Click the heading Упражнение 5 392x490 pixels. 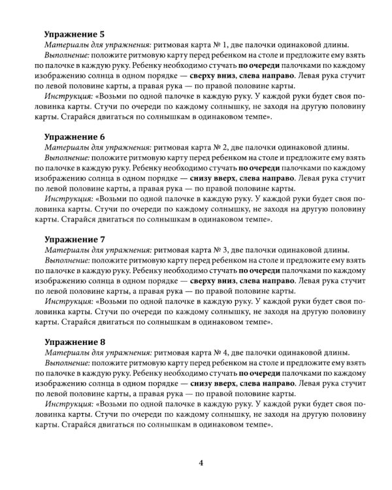[74, 34]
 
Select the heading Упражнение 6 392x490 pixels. [74, 137]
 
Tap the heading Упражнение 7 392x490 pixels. [74, 239]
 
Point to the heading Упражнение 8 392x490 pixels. [74, 342]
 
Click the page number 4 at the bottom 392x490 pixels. [201, 463]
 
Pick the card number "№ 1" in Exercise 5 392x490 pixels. [220, 44]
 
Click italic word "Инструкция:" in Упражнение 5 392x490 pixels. [69, 97]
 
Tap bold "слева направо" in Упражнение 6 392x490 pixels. [267, 178]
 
